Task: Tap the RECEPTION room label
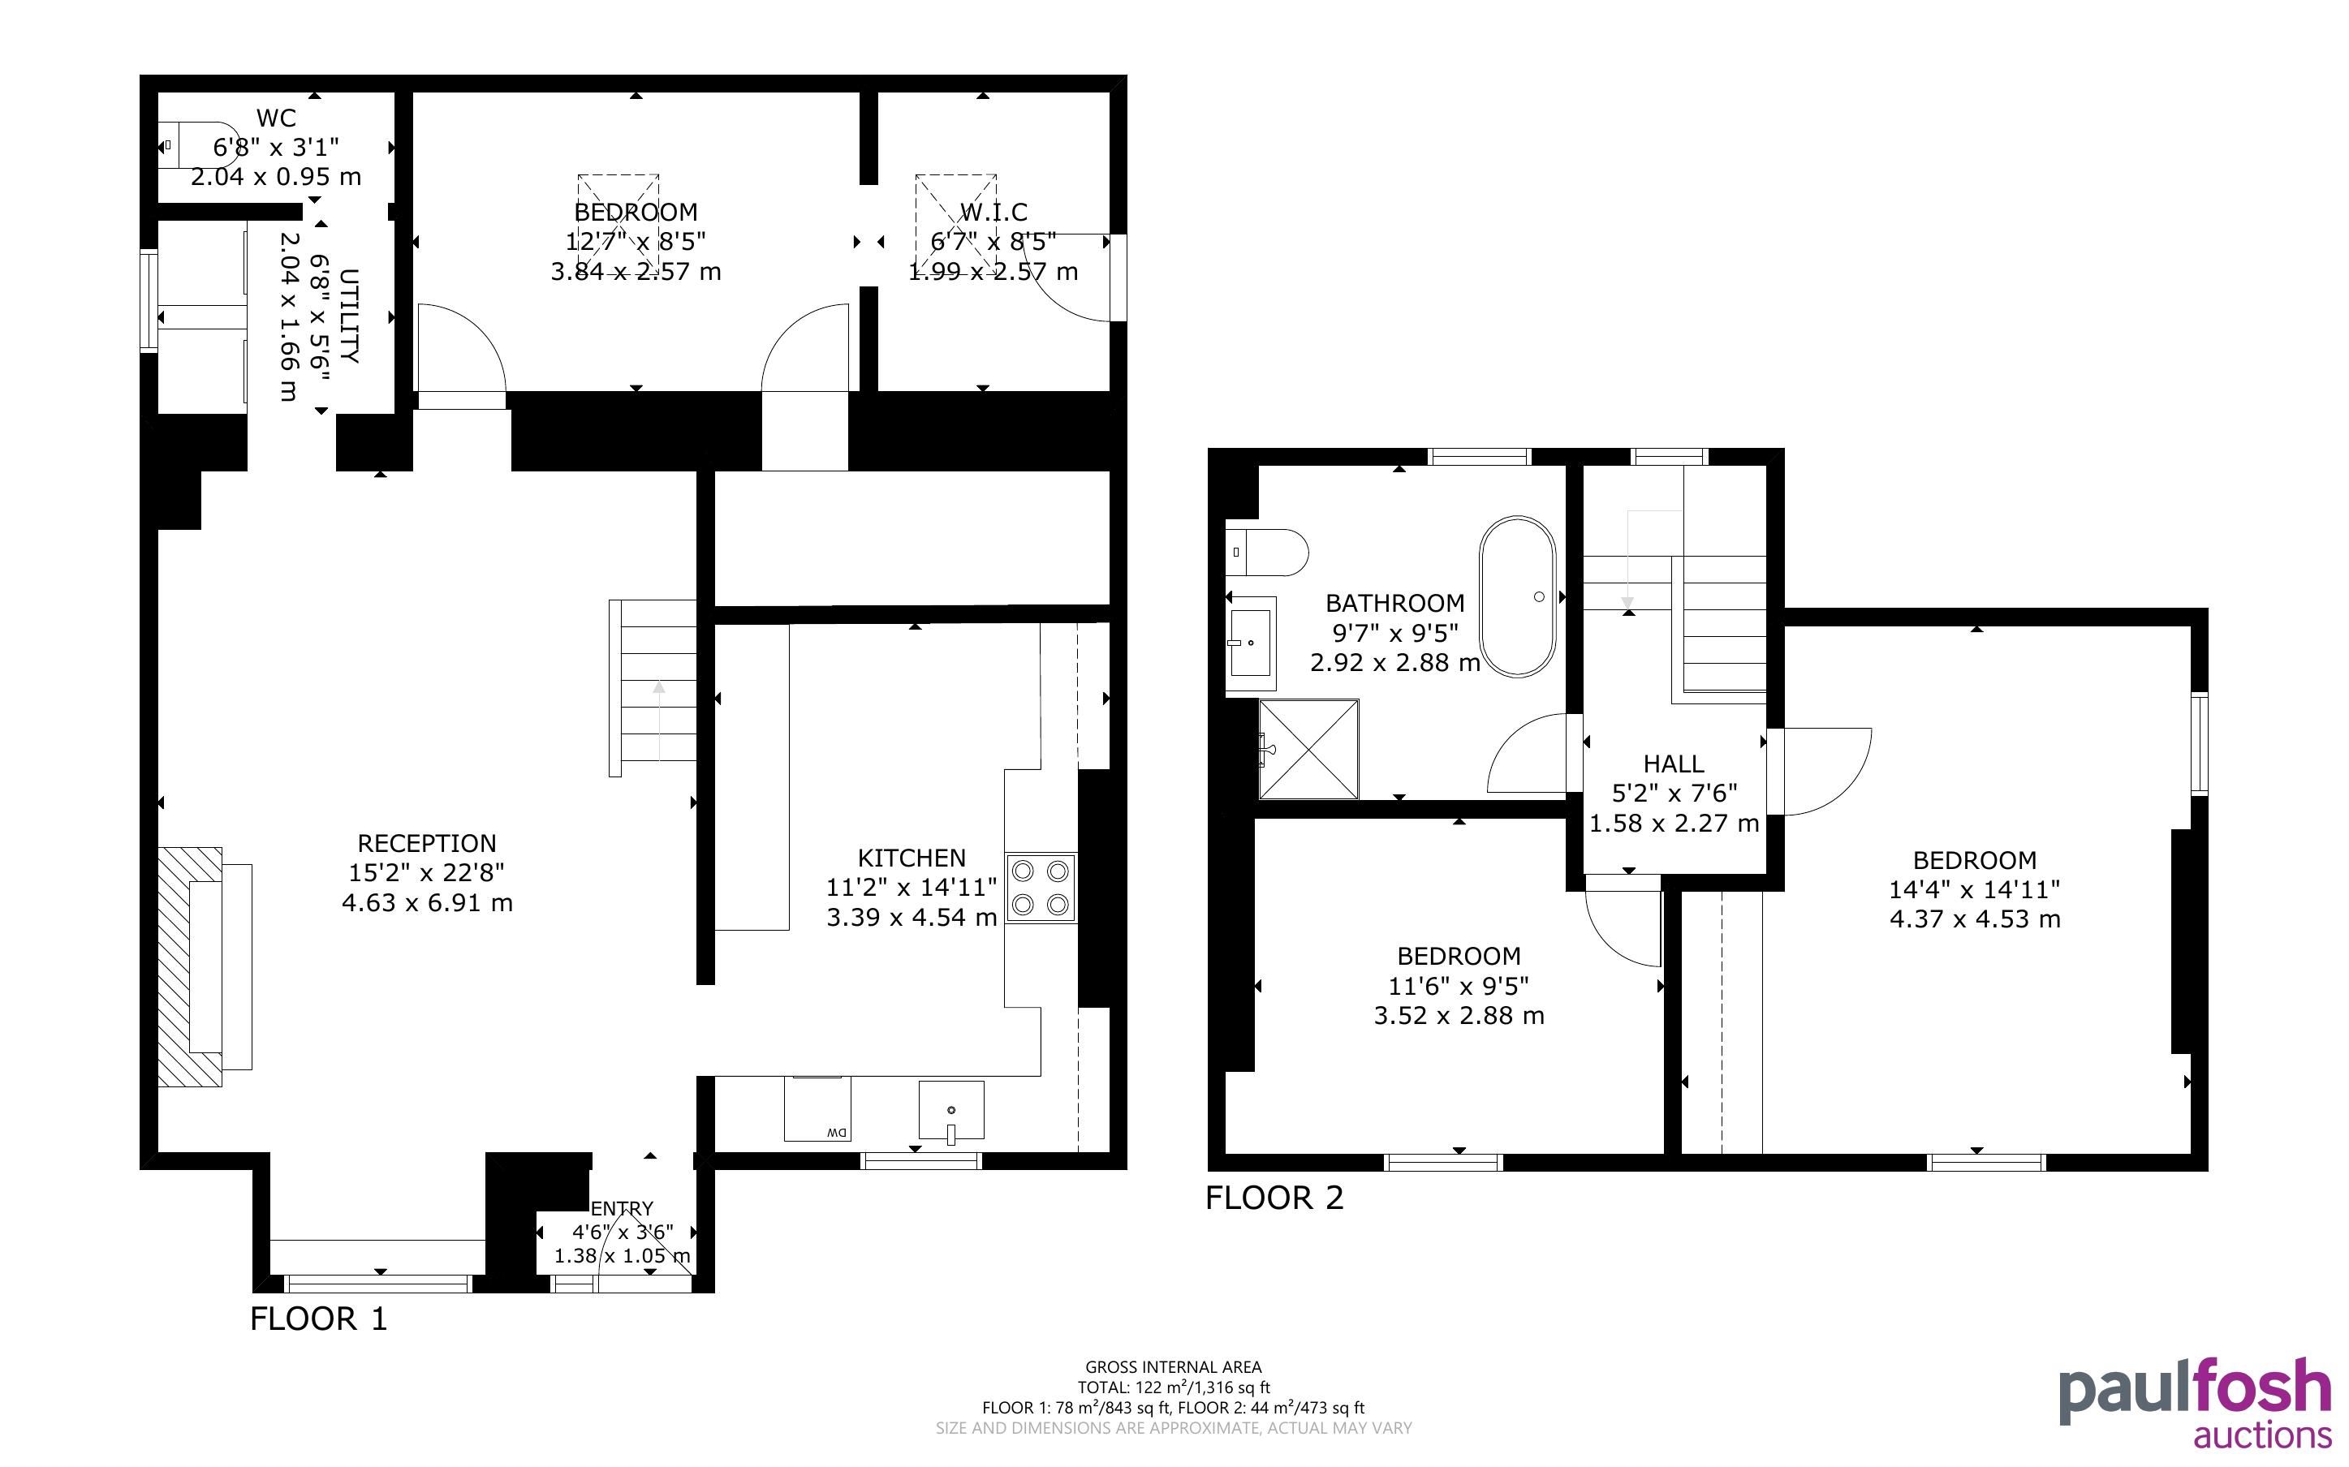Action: coord(427,843)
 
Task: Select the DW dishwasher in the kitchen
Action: coord(818,1109)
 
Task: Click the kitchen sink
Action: coord(950,1110)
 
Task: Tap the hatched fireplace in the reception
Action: coord(189,966)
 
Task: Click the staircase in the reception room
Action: coord(652,688)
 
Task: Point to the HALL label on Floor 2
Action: coord(1674,764)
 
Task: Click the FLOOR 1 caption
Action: coord(318,1319)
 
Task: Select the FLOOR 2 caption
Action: coord(1274,1198)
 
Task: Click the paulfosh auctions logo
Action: coord(2195,1403)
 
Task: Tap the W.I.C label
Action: coord(993,212)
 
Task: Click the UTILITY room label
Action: coord(349,316)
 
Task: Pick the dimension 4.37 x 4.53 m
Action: coord(1975,918)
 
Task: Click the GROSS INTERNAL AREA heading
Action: coord(1173,1367)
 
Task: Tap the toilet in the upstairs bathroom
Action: coord(1267,552)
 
